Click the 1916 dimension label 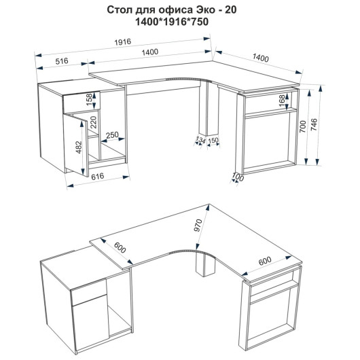122,42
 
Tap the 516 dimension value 62,61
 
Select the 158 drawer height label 89,99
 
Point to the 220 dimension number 94,122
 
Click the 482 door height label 79,147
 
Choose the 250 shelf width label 112,134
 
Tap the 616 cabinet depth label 98,177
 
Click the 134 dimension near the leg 200,139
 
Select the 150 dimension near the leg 213,140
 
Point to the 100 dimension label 238,177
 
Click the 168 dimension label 282,101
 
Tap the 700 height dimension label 302,126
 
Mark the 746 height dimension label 314,125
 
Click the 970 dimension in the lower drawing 198,226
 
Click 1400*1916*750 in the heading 172,22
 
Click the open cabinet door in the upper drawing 76,145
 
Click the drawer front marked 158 82,102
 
